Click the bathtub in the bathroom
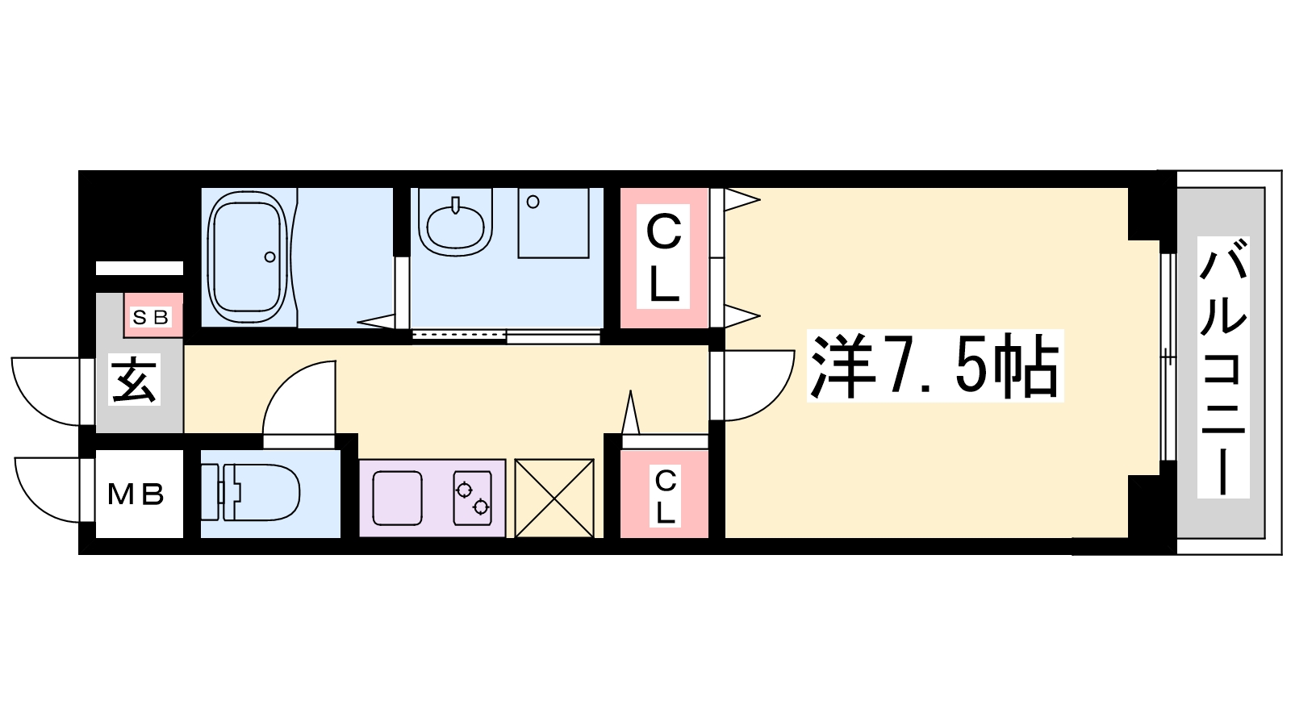point(248,257)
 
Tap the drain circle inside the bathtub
point(269,257)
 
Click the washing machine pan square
point(554,223)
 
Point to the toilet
point(250,493)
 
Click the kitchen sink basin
point(398,498)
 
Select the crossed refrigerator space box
point(554,498)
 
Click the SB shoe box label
point(151,317)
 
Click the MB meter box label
point(136,494)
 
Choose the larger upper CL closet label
point(663,257)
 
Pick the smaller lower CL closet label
point(665,496)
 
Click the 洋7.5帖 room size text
point(935,365)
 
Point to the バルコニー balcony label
point(1223,367)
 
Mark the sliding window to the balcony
point(1168,357)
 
